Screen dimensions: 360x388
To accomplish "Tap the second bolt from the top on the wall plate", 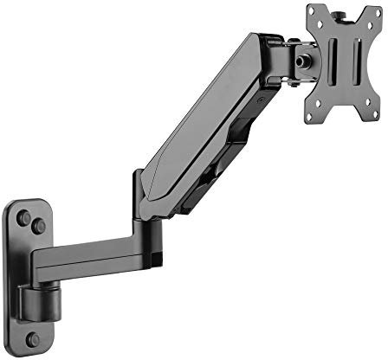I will coord(39,227).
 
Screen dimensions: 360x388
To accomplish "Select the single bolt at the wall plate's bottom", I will coord(32,338).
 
